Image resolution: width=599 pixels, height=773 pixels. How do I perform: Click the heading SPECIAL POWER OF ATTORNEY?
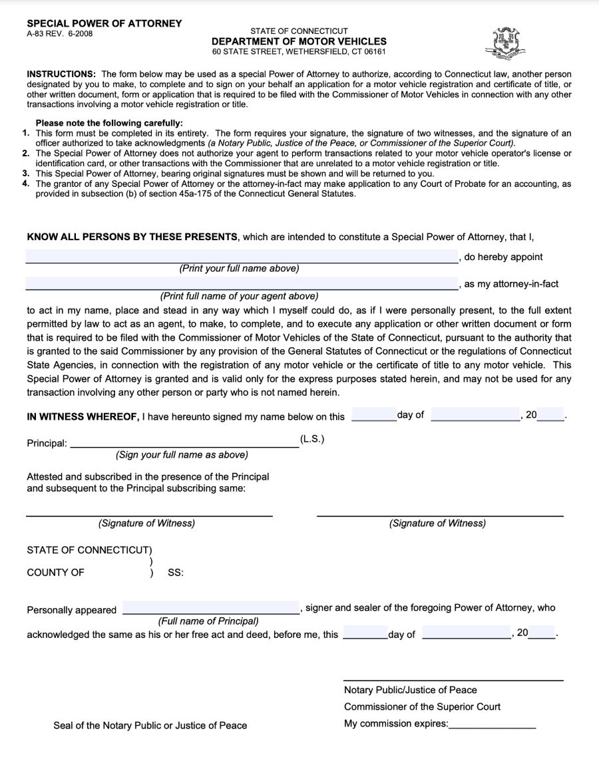104,23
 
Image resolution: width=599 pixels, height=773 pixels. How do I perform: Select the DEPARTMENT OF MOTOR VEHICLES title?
299,41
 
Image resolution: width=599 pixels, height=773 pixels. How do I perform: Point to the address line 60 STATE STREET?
299,51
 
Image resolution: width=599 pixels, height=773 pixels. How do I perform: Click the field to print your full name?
241,257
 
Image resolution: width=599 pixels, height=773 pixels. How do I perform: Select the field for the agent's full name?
241,283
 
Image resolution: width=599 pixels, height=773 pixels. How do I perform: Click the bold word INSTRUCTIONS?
61,74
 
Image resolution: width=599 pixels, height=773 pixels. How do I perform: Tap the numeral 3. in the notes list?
26,173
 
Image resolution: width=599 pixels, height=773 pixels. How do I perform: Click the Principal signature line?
184,443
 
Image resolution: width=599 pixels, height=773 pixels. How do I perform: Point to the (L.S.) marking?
312,439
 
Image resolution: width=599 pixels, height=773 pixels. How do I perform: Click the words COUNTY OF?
55,572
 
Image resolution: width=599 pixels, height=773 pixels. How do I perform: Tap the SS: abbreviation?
175,572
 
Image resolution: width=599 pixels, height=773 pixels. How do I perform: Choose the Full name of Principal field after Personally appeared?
211,608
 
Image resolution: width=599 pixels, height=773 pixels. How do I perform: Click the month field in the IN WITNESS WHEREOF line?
475,414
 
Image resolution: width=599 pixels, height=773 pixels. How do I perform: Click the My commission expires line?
492,724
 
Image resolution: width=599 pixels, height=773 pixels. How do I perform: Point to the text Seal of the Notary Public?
150,725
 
